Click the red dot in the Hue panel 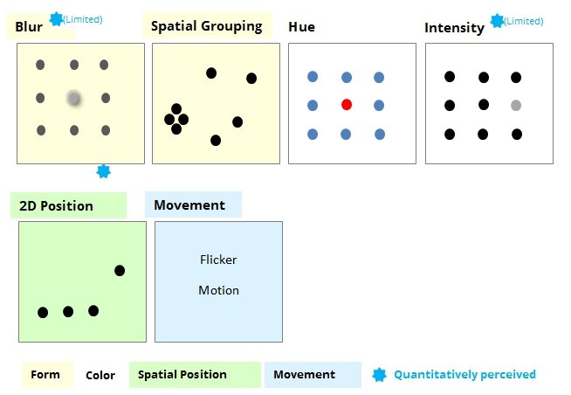coord(347,105)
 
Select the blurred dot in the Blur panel coord(74,99)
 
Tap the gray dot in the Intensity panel coord(516,106)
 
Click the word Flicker coord(218,260)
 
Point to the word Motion coord(218,290)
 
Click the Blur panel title coord(29,27)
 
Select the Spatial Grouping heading coord(206,26)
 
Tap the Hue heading coord(301,27)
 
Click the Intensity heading coord(454,28)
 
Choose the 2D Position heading coord(56,206)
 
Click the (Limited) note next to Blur coord(83,19)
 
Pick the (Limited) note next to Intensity coord(524,21)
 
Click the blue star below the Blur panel coord(103,171)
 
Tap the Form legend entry coord(45,375)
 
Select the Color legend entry coord(100,375)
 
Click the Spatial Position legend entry coord(182,375)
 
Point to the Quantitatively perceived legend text coord(464,375)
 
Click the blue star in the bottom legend coord(379,375)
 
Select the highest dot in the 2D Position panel coord(120,271)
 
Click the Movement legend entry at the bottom coord(304,375)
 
